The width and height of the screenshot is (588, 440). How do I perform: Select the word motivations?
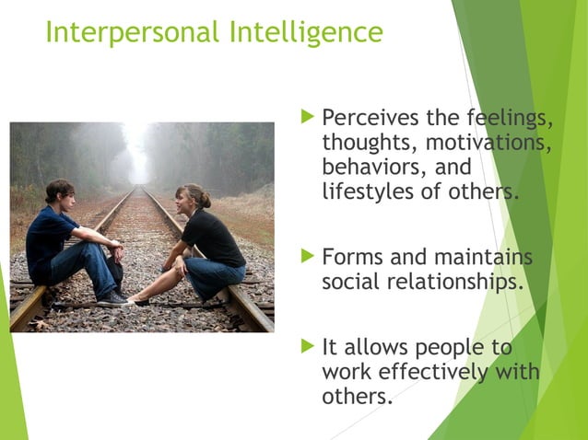click(x=485, y=145)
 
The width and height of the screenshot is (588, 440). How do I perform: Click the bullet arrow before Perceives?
click(x=308, y=118)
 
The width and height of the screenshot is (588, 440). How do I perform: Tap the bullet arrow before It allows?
click(x=308, y=346)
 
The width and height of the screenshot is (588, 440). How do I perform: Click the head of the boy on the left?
click(x=60, y=192)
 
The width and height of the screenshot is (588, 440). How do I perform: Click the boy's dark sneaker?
click(x=112, y=296)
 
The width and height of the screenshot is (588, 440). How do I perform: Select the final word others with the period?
click(x=358, y=397)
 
